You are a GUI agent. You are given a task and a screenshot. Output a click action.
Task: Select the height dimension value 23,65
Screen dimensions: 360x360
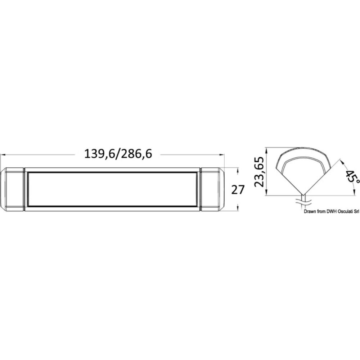260,171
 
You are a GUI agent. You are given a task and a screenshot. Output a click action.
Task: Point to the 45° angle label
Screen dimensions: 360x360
349,177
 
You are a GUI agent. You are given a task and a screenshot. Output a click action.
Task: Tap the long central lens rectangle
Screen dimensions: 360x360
112,189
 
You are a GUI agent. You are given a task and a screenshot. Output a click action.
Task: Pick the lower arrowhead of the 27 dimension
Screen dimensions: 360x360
238,209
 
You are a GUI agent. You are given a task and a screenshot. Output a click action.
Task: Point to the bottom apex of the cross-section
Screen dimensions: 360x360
303,195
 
